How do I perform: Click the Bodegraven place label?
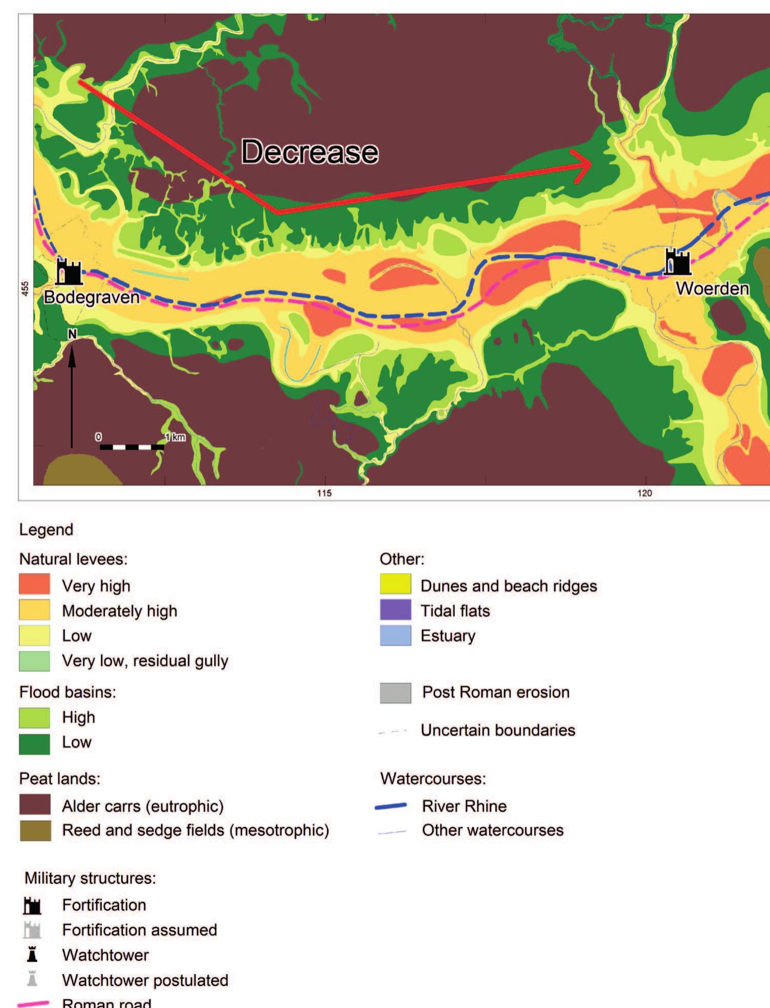(92, 297)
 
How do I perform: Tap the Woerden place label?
(712, 288)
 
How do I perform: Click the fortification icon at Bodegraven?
(69, 271)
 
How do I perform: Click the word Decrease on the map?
(310, 152)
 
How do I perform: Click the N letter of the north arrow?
(72, 334)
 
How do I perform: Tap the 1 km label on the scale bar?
(175, 437)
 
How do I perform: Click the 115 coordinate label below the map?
(324, 493)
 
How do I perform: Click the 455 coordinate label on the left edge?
(25, 289)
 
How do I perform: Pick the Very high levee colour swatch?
(35, 585)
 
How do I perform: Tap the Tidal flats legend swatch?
(395, 610)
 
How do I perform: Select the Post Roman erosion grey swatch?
(395, 693)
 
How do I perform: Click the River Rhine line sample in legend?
(391, 806)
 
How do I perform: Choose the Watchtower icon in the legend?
(32, 955)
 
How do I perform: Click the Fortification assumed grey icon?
(32, 930)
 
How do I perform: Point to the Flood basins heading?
(68, 692)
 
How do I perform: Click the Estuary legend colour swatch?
(395, 635)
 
